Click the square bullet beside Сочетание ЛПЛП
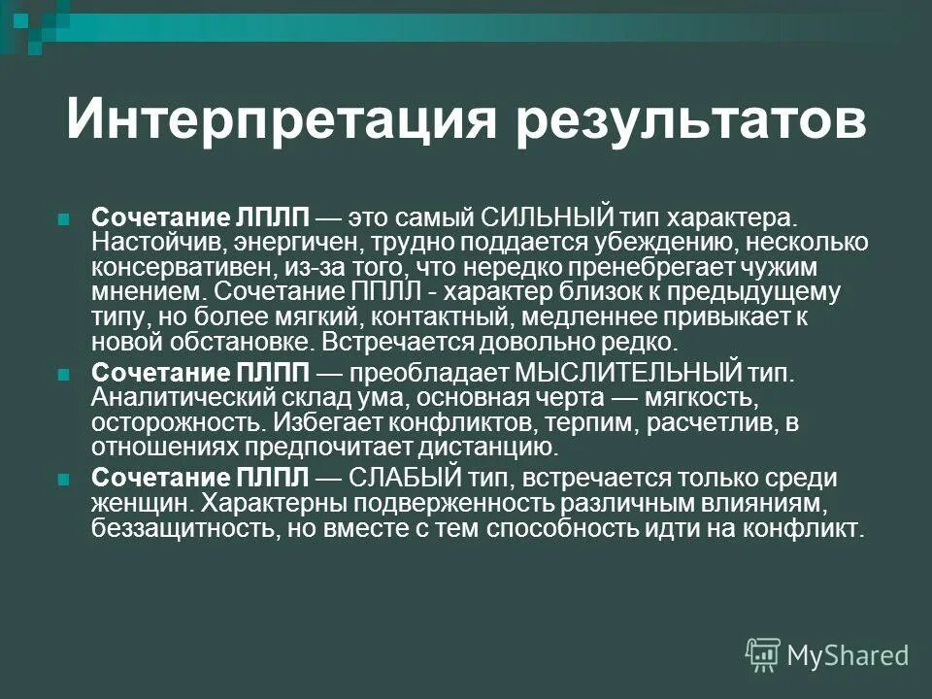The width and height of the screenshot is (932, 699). coord(65,216)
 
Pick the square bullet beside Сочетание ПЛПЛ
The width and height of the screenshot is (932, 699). coord(65,480)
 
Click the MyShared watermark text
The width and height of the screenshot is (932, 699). coord(848,655)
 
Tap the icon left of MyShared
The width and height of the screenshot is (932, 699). coord(762,655)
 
